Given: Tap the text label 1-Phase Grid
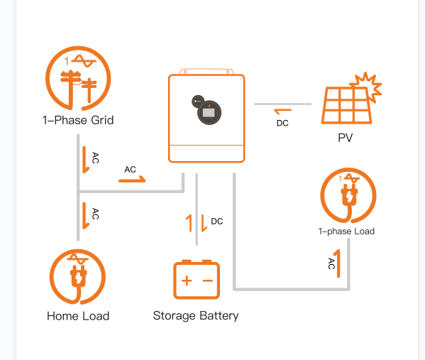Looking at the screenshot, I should [78, 120].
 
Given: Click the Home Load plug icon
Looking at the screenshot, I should [77, 278].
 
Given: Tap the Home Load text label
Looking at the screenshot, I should [78, 316].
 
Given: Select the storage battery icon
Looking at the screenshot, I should [197, 280].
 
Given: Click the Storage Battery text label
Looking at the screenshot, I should [196, 315].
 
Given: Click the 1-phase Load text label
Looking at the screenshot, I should [346, 231].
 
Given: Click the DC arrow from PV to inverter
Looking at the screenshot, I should [282, 111].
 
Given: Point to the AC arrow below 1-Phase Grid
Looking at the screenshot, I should [86, 160].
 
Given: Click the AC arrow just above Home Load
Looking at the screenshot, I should [86, 216].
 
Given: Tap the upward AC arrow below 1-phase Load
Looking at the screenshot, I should [338, 263].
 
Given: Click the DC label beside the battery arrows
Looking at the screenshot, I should [217, 222].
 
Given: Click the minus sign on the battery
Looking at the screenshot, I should [208, 280].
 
